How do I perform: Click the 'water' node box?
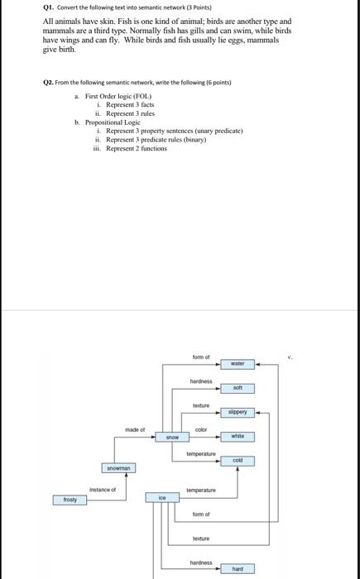pyautogui.click(x=237, y=363)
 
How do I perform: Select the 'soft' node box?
pyautogui.click(x=237, y=387)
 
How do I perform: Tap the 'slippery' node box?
pyautogui.click(x=237, y=411)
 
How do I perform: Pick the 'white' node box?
pyautogui.click(x=237, y=436)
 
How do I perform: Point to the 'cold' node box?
pyautogui.click(x=237, y=460)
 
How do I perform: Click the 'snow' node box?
pyautogui.click(x=172, y=436)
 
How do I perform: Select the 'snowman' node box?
pyautogui.click(x=118, y=468)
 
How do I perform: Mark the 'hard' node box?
pyautogui.click(x=237, y=569)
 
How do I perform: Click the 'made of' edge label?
pyautogui.click(x=135, y=429)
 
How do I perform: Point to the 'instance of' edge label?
pyautogui.click(x=103, y=490)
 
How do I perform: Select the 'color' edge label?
pyautogui.click(x=200, y=429)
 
